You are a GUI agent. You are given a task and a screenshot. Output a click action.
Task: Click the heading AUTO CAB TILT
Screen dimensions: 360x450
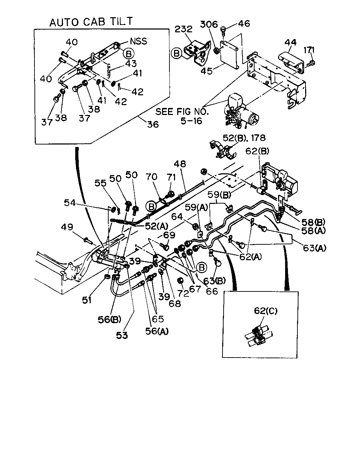pos(91,21)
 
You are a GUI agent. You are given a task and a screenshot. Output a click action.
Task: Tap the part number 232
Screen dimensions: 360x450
pos(184,29)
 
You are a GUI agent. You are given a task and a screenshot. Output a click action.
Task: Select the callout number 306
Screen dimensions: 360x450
pos(209,25)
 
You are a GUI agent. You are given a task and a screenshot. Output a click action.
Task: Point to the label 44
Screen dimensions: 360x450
pos(290,43)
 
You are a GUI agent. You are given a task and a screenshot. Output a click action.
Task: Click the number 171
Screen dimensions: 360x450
pos(309,50)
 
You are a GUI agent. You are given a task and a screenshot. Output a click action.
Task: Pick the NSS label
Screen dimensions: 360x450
pos(139,41)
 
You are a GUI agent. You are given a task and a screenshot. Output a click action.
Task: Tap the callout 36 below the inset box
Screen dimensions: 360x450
pos(153,124)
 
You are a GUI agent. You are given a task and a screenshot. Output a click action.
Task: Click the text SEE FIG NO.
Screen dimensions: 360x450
pos(182,112)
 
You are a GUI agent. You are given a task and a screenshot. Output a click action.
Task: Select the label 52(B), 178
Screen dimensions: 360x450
pos(244,138)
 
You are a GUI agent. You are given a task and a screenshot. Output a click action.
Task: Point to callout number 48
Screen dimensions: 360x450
pos(180,164)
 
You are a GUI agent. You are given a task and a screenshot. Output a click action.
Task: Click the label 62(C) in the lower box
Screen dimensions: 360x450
pos(266,311)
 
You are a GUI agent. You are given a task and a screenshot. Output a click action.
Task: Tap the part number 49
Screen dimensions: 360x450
pos(67,227)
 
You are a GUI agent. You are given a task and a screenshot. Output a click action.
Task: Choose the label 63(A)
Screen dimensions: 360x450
pos(314,248)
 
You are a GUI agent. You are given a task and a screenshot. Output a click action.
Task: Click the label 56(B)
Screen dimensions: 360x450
pos(110,320)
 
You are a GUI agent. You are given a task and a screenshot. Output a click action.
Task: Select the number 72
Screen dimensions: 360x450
pos(183,293)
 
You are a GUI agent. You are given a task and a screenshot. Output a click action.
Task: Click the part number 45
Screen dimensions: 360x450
pos(206,71)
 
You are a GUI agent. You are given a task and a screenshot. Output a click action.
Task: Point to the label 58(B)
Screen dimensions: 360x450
pos(313,222)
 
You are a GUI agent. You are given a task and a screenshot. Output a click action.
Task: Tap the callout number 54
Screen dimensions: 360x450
pos(70,202)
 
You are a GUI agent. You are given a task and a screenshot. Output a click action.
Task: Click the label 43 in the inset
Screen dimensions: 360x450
pos(131,64)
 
